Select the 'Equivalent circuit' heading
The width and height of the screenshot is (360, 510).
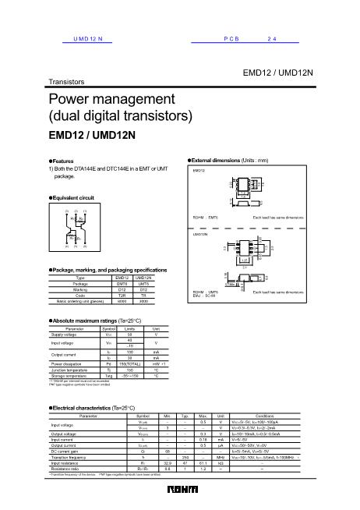(x=76, y=198)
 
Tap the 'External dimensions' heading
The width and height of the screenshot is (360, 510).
(x=226, y=159)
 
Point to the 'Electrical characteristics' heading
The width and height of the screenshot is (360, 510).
(x=98, y=409)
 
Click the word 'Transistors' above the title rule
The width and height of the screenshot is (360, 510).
(x=67, y=81)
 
